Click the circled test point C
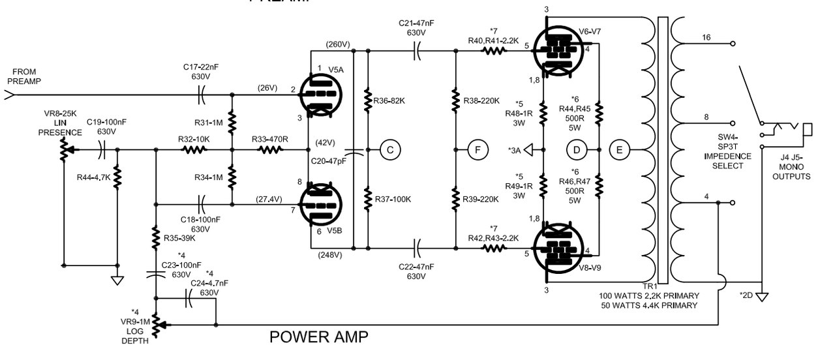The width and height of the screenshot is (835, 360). tap(390, 150)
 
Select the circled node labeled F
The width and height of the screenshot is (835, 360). tap(478, 150)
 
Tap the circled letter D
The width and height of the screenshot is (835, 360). tap(577, 150)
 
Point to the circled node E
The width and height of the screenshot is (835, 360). tap(620, 150)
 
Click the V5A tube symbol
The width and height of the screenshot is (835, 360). tap(320, 95)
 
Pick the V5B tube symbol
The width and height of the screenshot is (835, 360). tap(320, 205)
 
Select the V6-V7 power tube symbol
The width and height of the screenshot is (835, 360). tap(558, 51)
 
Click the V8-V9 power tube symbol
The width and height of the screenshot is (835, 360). tap(558, 248)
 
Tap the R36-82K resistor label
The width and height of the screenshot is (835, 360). tap(389, 100)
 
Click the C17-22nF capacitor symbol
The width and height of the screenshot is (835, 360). tap(202, 95)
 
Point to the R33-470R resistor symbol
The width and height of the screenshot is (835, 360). tap(270, 150)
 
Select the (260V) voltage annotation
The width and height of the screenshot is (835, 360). tap(338, 44)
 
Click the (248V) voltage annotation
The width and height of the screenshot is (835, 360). tap(330, 255)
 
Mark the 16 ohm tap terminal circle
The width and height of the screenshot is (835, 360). tap(733, 44)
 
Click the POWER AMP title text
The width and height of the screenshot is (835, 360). tap(319, 337)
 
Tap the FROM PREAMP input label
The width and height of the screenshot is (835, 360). tap(24, 76)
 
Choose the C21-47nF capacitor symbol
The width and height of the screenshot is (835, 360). tap(417, 51)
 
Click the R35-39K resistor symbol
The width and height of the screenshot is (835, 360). tap(156, 237)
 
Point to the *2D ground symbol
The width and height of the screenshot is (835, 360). tap(762, 297)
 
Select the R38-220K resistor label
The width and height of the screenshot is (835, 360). tap(481, 100)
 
